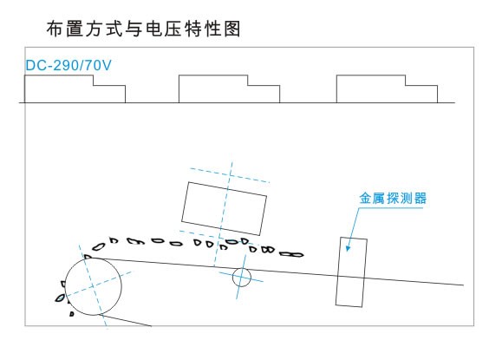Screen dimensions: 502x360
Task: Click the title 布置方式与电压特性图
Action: (143, 29)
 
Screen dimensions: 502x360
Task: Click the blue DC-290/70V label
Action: (68, 65)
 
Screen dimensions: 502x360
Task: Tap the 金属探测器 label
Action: (393, 199)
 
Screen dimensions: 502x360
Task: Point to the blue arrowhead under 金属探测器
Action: (348, 248)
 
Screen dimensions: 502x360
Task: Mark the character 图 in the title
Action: (232, 29)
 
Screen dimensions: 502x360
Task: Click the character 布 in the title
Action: (55, 29)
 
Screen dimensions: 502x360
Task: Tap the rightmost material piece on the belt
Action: (291, 255)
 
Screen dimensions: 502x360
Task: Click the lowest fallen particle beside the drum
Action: (72, 314)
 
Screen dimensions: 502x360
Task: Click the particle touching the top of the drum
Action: (88, 257)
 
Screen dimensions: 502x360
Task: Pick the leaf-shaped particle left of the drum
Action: (60, 298)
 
